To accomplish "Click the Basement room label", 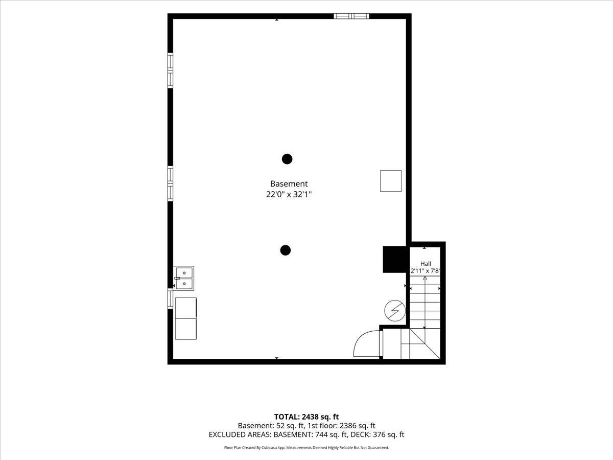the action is pos(289,184).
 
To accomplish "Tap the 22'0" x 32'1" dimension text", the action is pos(289,194).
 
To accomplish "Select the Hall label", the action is pos(426,264).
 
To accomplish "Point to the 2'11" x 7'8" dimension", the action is pos(426,271).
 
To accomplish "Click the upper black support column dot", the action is pos(287,159).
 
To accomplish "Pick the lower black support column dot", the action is pos(286,250).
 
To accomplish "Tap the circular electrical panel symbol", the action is pos(395,311).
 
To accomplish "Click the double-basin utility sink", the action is pos(183,279).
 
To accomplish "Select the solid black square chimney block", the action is pos(394,260).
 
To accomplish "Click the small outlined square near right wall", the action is pos(391,181).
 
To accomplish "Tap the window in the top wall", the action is pos(351,16).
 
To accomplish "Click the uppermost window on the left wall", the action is pos(170,71).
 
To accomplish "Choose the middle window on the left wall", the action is pos(170,183).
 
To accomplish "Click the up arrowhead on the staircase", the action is pos(425,278).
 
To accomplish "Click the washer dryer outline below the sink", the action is pos(186,318).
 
